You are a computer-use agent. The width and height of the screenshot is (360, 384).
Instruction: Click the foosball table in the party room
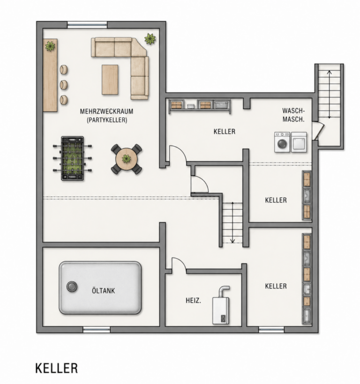coord(73,158)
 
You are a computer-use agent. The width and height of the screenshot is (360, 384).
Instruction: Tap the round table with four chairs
coord(127,159)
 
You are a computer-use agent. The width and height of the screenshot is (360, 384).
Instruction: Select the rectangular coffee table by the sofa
coord(110,80)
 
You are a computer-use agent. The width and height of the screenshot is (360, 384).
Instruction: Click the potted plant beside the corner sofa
coord(150,39)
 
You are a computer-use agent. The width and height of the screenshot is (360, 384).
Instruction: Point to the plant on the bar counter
coord(50,46)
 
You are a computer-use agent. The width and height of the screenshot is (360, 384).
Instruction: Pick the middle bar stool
coord(64,85)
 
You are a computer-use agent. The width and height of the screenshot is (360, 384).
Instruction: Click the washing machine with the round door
coord(282,142)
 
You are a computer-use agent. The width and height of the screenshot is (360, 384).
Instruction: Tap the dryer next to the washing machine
coord(299,142)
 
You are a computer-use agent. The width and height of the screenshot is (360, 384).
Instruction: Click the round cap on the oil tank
coord(72,287)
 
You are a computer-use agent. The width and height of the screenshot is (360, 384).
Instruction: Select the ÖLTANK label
coord(104,291)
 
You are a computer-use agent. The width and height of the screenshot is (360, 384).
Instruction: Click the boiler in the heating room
coord(221,305)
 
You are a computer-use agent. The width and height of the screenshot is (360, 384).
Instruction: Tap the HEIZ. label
coord(193,301)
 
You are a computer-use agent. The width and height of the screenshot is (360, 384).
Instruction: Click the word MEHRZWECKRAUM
coord(106,111)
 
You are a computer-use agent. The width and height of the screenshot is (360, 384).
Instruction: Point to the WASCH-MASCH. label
coord(293,115)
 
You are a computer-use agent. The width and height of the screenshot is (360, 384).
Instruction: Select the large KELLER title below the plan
coord(57,368)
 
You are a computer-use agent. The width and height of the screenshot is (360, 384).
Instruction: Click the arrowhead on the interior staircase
coord(232,241)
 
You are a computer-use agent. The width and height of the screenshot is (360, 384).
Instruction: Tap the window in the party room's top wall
coord(87,25)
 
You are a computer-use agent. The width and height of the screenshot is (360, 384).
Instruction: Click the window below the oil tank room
coord(97,330)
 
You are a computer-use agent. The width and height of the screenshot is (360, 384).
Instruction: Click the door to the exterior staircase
coord(319,131)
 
